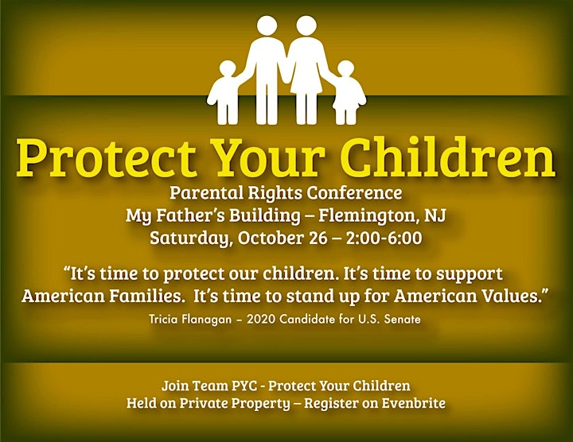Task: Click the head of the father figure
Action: coord(267,26)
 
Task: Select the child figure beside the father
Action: coord(226,92)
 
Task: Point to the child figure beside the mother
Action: coord(347,92)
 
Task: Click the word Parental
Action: coord(206,192)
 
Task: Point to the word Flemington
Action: coord(368,216)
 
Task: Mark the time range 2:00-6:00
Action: coord(384,238)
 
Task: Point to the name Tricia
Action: coord(163,320)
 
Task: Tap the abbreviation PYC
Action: coord(244,386)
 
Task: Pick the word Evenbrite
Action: coord(414,403)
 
